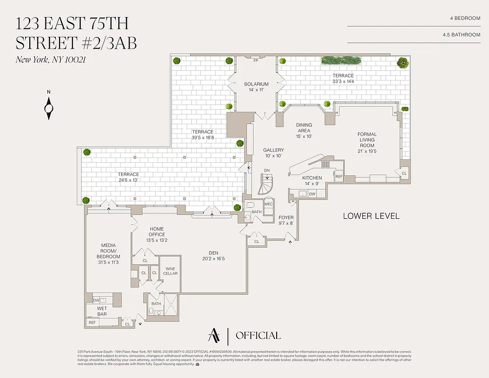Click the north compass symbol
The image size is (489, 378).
point(49,108)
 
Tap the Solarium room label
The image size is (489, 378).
point(256,84)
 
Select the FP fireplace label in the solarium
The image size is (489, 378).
point(256,61)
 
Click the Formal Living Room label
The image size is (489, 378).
point(367,140)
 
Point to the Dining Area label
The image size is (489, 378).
point(304,128)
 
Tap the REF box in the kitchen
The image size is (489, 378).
point(339,176)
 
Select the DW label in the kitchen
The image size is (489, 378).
point(312,194)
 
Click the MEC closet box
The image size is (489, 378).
point(268,204)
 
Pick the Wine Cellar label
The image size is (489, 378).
point(170,271)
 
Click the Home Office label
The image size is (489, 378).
point(157,232)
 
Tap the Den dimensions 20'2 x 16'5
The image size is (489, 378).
point(213,258)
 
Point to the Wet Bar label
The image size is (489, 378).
point(102,311)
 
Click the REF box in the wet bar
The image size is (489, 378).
point(92,323)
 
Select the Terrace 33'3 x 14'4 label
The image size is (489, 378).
point(343,78)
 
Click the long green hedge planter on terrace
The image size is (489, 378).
point(341,60)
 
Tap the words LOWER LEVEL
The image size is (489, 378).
point(371,216)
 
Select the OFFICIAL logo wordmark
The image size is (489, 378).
point(258,335)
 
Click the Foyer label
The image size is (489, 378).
point(286,221)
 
